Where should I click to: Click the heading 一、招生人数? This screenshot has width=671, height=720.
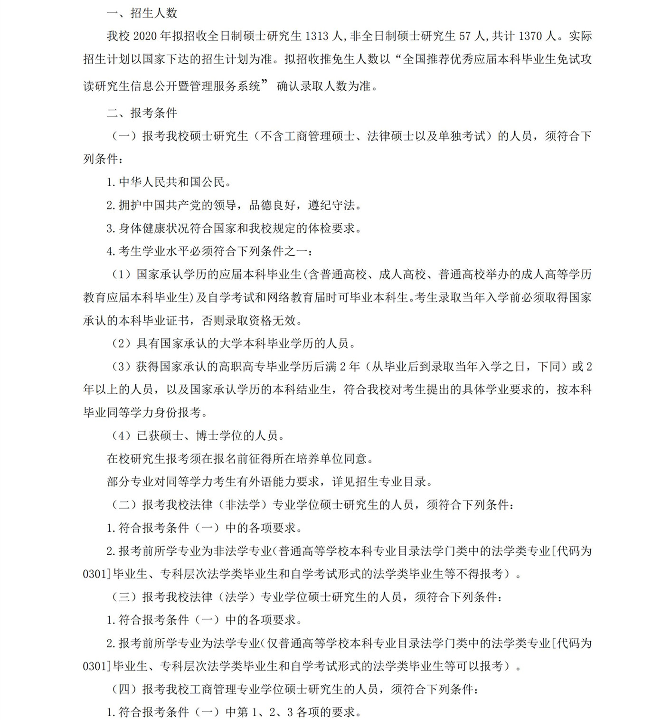coord(142,13)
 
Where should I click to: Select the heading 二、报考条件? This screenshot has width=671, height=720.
coord(142,113)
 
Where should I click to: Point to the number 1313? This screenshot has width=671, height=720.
coord(317,36)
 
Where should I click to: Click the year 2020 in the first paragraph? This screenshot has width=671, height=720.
coord(145,36)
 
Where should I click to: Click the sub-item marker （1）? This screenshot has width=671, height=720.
coord(121,275)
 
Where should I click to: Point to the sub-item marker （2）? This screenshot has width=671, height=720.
coord(121,343)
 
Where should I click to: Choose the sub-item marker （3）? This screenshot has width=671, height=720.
coord(121,367)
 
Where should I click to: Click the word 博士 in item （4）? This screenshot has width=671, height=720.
coord(208,436)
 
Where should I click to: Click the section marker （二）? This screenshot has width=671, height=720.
coord(124,505)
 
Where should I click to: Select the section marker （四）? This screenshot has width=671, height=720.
coord(124,689)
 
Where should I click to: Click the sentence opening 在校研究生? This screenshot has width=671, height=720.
coord(136,459)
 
